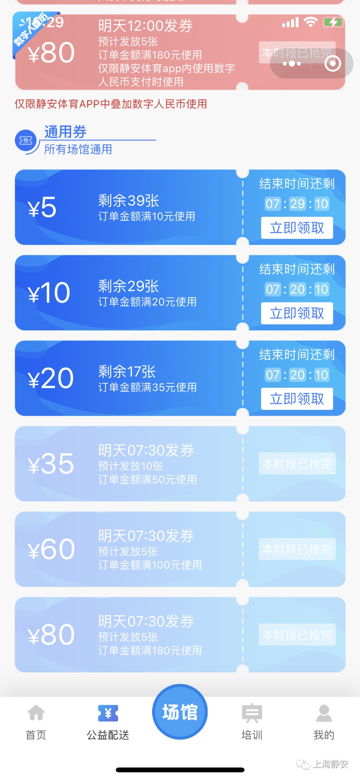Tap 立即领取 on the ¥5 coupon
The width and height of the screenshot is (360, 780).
pos(297,228)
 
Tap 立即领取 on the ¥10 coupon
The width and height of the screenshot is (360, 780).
pos(297,313)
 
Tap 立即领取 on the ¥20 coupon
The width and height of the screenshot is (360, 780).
pos(297,399)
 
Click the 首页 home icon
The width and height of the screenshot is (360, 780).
pos(36,713)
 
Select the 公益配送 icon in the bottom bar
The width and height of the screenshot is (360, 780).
pos(108,713)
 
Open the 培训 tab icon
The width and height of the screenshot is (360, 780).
pos(252,713)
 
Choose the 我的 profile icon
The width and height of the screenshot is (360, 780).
pos(324,713)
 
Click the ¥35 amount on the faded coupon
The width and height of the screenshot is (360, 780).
pos(51,464)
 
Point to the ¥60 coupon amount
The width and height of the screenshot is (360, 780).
pos(51,549)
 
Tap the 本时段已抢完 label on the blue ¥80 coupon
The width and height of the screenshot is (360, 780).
pos(297,635)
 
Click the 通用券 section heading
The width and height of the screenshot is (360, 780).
pos(65,132)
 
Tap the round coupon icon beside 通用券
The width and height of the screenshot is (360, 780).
pos(26,141)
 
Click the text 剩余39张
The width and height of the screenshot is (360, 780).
pos(128,201)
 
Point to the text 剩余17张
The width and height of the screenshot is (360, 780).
pos(127,371)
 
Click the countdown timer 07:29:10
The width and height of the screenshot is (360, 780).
pos(297,204)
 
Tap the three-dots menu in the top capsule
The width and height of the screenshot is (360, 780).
pos(292,64)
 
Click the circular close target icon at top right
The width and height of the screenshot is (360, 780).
pos(333,64)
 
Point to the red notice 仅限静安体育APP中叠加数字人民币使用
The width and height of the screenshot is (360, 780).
pos(111,104)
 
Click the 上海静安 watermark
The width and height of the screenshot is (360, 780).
pos(330,764)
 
